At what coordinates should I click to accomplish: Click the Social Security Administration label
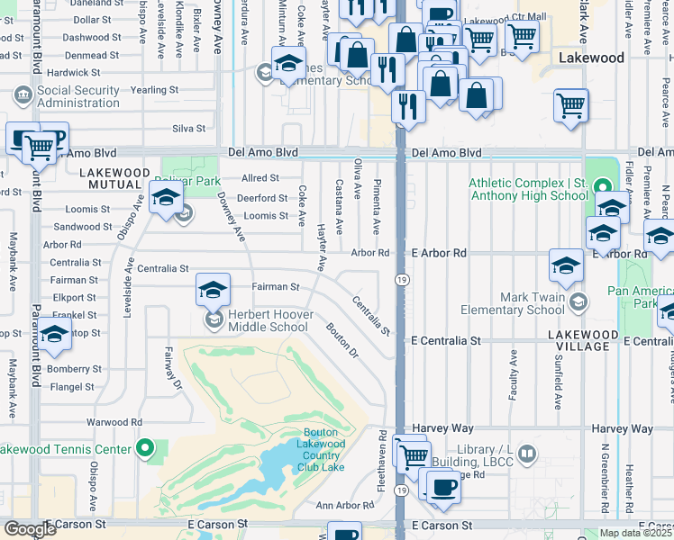78,96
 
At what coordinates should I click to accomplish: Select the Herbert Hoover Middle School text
268,320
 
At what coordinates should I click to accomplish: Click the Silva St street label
189,129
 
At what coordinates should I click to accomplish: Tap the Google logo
30,529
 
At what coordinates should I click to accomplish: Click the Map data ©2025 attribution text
635,533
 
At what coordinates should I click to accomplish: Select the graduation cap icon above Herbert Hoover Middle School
213,290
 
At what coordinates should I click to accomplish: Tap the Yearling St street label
154,90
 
